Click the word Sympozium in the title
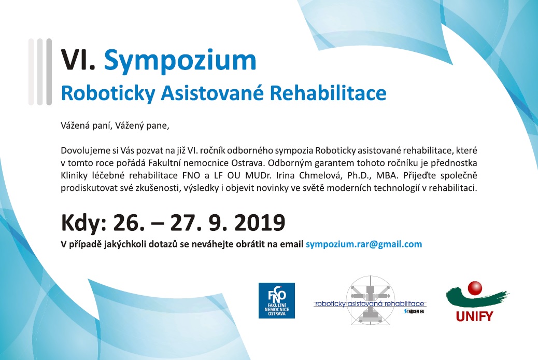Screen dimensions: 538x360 180,61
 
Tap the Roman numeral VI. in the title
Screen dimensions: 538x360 78,60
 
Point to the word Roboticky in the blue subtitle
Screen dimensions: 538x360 108,93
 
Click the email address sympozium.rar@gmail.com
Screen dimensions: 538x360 364,244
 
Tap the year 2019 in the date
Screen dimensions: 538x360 260,223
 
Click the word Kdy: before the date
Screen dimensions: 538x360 84,223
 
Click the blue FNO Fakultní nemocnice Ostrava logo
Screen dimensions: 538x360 277,300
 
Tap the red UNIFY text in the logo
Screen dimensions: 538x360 475,316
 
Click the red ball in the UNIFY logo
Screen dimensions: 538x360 475,288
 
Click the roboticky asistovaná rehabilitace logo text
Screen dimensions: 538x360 370,303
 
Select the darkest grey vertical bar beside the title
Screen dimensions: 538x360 49,72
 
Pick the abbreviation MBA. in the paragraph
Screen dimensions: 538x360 387,175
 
